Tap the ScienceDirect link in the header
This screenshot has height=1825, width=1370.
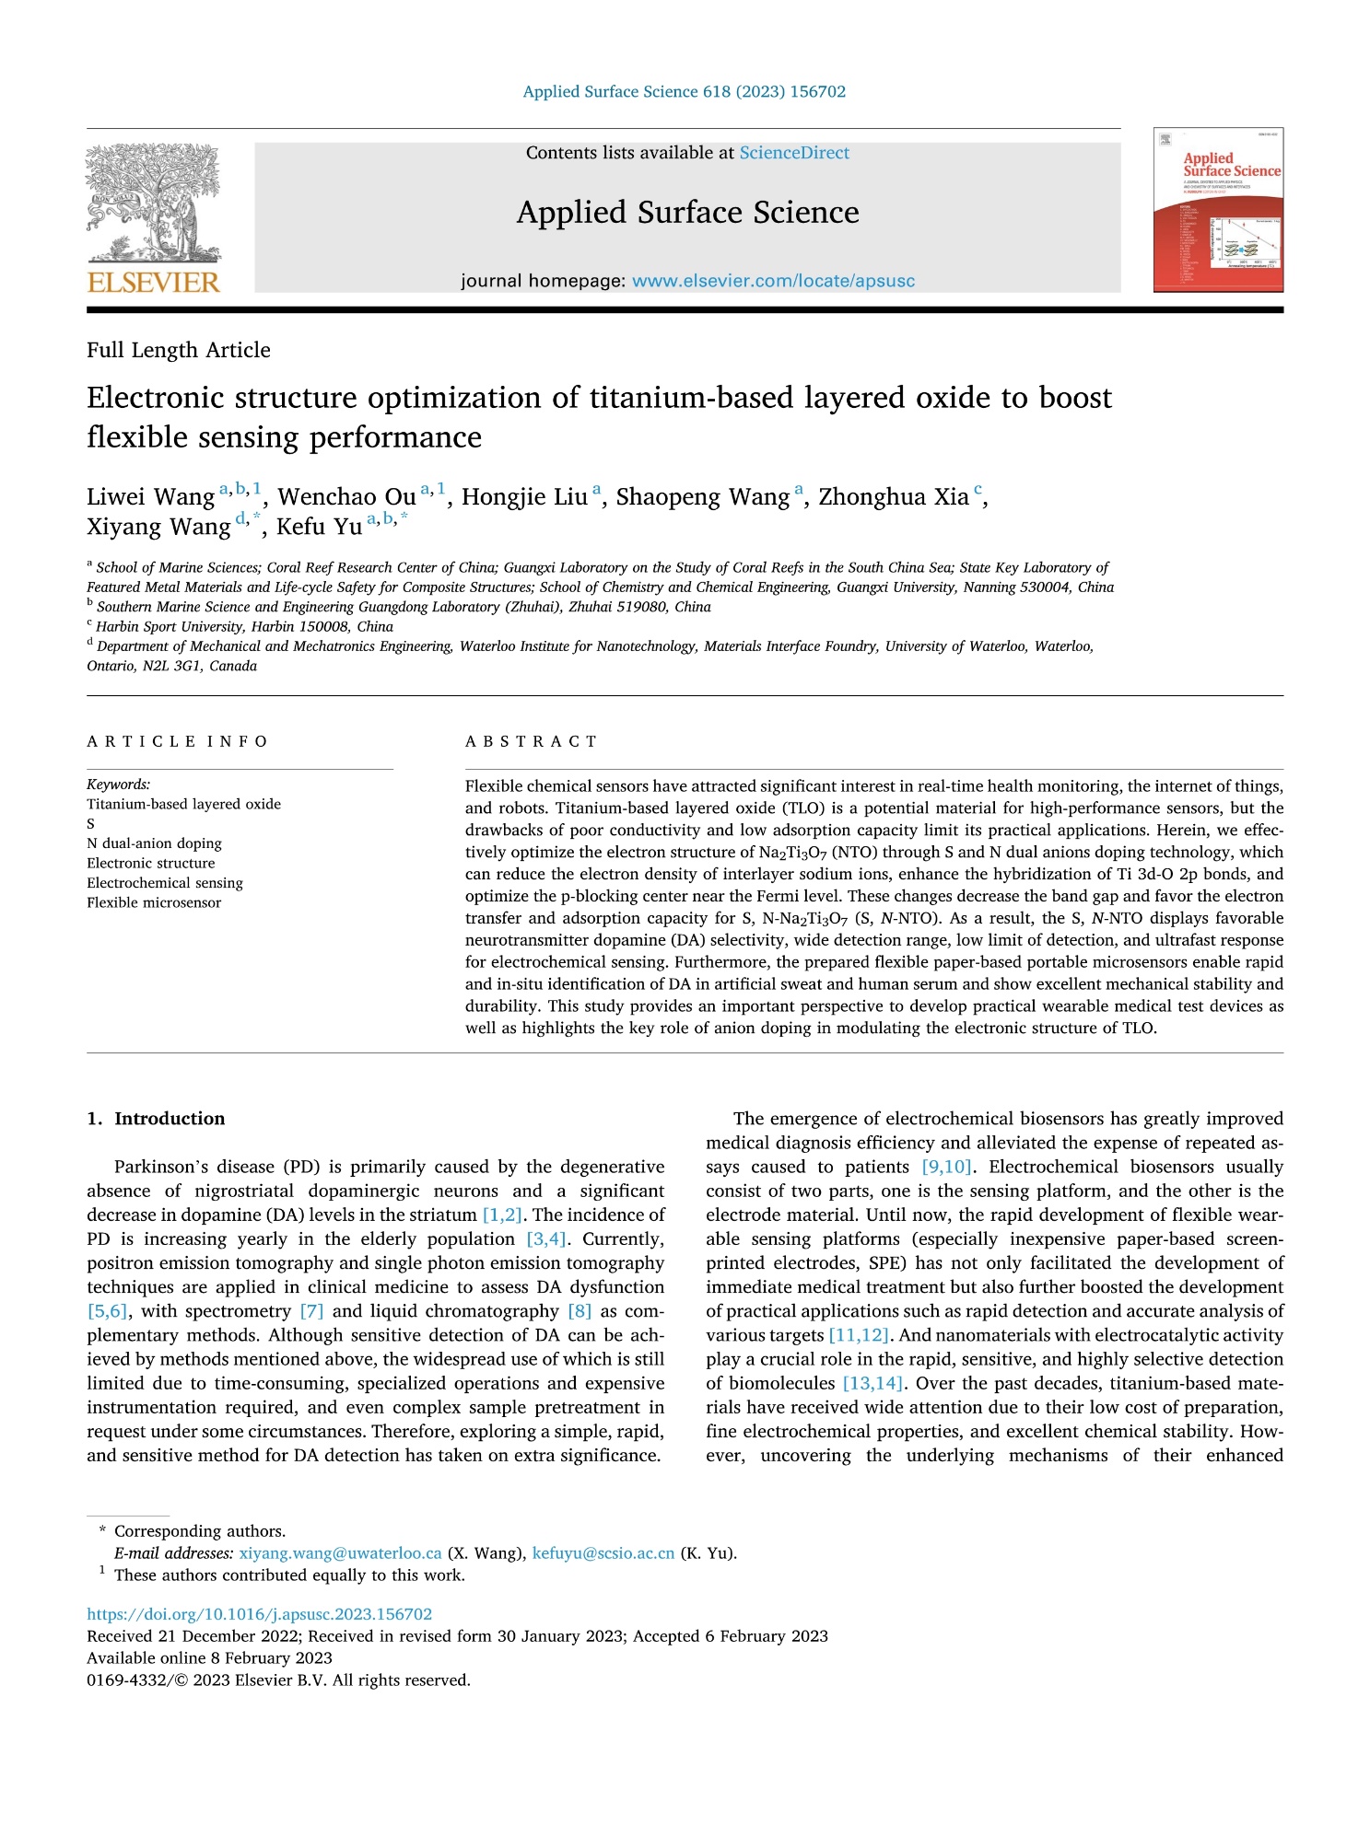pyautogui.click(x=794, y=153)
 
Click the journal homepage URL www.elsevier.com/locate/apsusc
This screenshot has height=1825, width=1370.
pyautogui.click(x=773, y=281)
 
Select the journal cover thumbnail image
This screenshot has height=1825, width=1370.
pyautogui.click(x=1218, y=210)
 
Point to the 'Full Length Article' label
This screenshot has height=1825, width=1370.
pyautogui.click(x=179, y=350)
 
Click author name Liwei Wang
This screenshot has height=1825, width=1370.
pyautogui.click(x=151, y=497)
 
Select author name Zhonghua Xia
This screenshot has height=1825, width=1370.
pyautogui.click(x=893, y=497)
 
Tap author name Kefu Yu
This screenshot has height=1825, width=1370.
pyautogui.click(x=319, y=527)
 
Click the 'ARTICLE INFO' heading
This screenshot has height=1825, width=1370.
pyautogui.click(x=177, y=741)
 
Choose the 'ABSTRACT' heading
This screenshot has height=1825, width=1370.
pyautogui.click(x=532, y=741)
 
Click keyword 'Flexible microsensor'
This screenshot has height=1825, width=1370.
pyautogui.click(x=154, y=902)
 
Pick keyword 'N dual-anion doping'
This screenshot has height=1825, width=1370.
pyautogui.click(x=154, y=843)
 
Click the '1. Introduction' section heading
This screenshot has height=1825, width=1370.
pyautogui.click(x=156, y=1119)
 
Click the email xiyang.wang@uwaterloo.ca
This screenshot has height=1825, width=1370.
pyautogui.click(x=340, y=1553)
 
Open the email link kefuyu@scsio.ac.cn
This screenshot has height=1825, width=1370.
pyautogui.click(x=603, y=1553)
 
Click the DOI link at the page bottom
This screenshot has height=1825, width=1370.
pyautogui.click(x=259, y=1614)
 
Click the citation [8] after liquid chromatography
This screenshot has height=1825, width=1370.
pyautogui.click(x=580, y=1311)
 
